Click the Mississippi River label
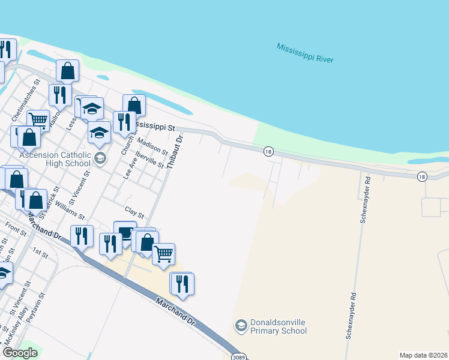[305, 53]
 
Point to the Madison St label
[152, 143]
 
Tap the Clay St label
[134, 212]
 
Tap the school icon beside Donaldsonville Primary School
[241, 325]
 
